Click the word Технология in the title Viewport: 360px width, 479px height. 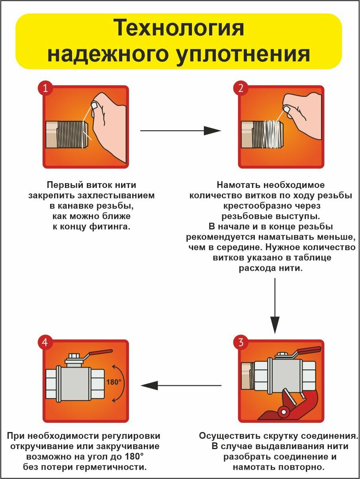[x=179, y=29]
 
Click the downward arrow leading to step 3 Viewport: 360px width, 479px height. [x=275, y=305]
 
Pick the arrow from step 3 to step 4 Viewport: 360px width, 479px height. [x=181, y=385]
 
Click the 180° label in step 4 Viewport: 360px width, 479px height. [x=113, y=382]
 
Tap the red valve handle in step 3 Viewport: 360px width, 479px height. [x=309, y=350]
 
